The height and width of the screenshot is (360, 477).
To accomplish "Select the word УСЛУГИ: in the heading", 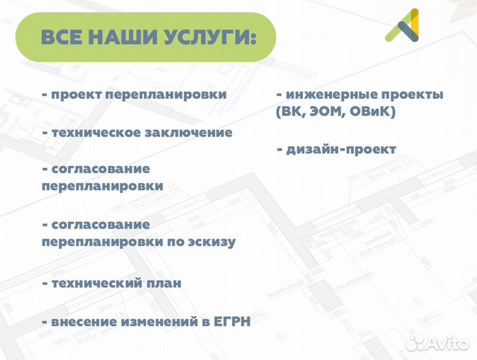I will pos(209,38).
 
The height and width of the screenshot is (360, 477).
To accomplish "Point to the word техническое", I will pos(93,133).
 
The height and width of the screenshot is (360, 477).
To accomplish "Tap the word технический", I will pos(93,283).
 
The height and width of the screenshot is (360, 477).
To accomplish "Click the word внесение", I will pos(84,322).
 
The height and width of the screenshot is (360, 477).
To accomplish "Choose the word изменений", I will pos(158,322).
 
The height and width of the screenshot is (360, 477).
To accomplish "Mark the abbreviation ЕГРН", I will pos(232,322).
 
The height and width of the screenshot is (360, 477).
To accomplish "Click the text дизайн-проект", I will pos(341,149).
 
